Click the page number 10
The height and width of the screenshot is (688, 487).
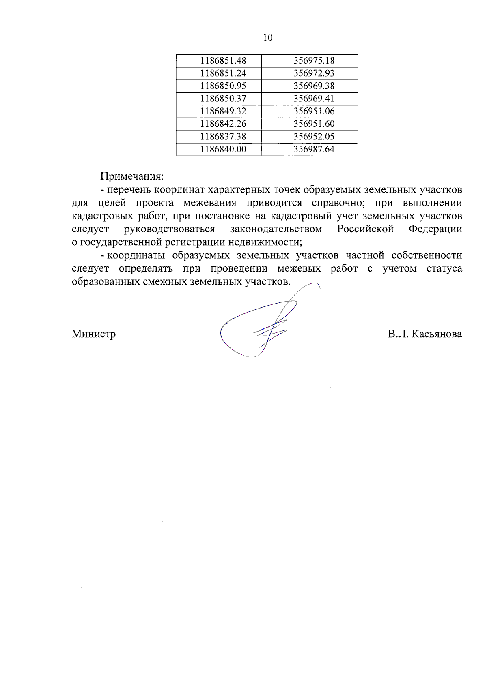267,38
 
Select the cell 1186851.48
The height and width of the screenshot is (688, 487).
223,61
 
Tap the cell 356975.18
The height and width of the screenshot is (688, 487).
314,61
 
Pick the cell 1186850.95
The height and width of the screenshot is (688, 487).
223,86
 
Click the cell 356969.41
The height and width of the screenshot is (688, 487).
314,99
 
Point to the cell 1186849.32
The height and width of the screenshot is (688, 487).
223,111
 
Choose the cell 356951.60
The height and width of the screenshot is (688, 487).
314,124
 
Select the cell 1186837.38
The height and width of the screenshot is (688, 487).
223,136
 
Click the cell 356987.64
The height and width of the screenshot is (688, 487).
314,149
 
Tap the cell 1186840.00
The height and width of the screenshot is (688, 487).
223,149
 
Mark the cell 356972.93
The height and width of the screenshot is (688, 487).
314,73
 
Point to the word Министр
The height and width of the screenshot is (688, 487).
94,334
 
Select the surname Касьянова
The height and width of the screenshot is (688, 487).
437,334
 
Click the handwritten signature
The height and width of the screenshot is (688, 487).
260,324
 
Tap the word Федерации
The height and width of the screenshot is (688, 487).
435,229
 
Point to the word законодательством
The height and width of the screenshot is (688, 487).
276,229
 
